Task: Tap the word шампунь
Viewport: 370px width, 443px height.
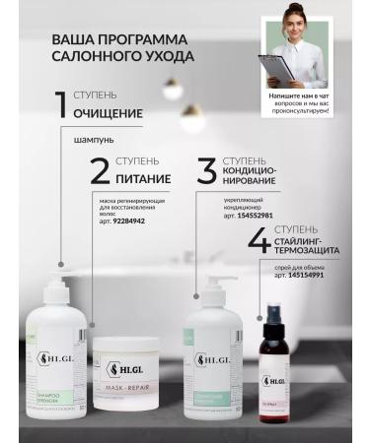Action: tap(94, 139)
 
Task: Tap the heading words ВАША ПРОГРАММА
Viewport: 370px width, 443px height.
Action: tap(108, 40)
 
